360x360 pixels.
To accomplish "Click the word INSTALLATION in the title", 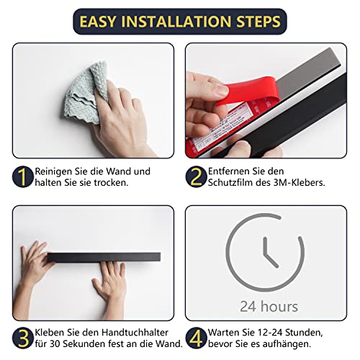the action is [x=176, y=22].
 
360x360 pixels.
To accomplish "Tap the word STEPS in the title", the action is [x=258, y=22].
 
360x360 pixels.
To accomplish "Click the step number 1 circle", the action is [x=23, y=176].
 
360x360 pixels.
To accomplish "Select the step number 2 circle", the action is [x=196, y=176].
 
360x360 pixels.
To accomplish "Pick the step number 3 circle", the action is [x=23, y=338].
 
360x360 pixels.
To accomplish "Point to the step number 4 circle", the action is [x=196, y=338].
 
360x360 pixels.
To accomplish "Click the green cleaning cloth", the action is [x=86, y=92].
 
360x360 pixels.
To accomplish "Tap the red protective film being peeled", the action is [x=247, y=91].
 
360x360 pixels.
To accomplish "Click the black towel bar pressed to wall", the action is [x=104, y=257].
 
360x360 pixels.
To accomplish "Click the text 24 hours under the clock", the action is [x=269, y=307].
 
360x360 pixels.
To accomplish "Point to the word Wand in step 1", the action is [x=119, y=171].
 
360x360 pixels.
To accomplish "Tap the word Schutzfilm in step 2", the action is [x=230, y=183].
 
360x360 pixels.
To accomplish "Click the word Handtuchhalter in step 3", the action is [x=135, y=333].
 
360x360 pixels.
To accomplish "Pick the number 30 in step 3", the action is [x=55, y=344].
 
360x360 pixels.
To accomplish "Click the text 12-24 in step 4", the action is [x=270, y=333].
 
